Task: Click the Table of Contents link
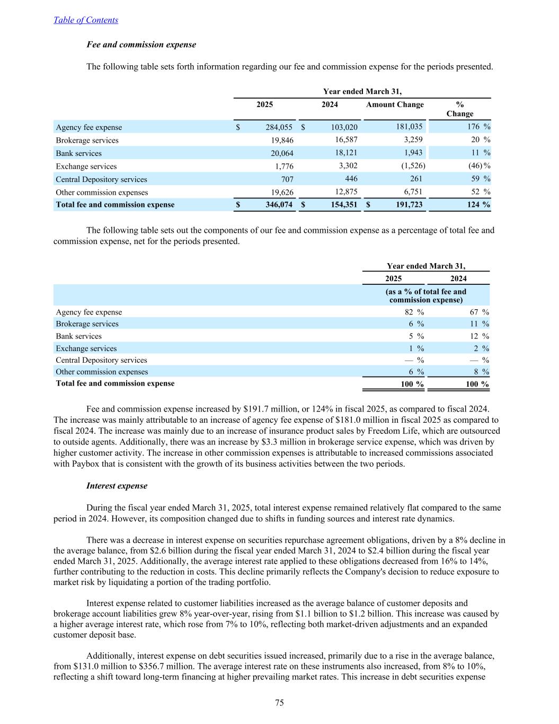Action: coord(86,20)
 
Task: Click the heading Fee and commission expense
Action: coord(141,45)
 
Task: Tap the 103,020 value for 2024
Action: coord(344,127)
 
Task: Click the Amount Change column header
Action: coord(395,104)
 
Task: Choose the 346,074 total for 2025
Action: coord(279,205)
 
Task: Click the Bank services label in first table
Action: coord(78,153)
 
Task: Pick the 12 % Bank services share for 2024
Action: coord(475,336)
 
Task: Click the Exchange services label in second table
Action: coord(86,348)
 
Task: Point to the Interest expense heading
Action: coord(117,486)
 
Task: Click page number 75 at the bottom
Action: coord(279,703)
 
